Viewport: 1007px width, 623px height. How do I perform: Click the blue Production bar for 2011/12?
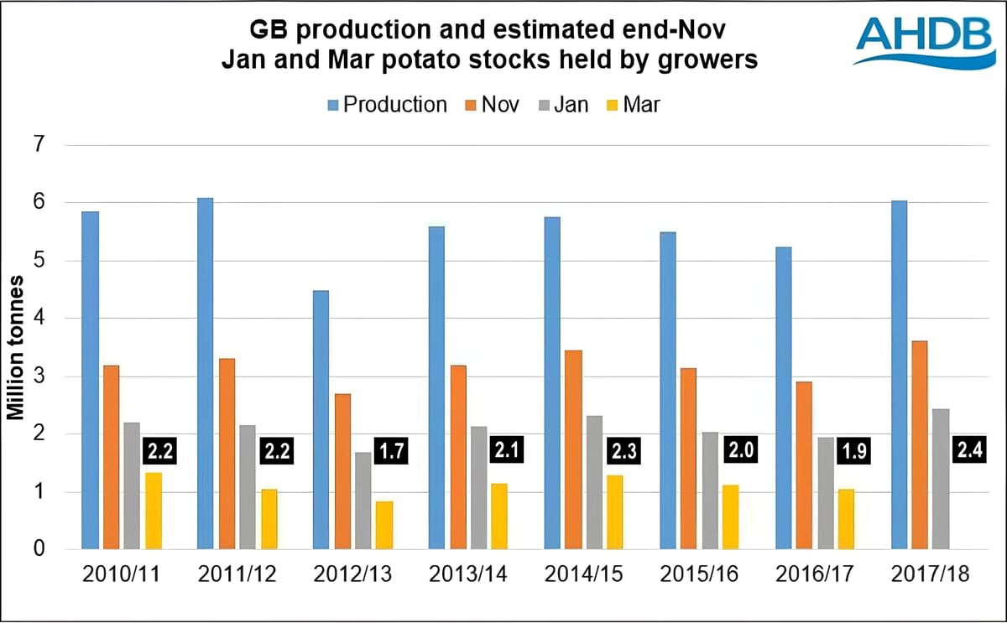coord(206,374)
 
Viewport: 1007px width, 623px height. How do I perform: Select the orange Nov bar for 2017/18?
coord(920,445)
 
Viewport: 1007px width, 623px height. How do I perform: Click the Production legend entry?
coord(386,105)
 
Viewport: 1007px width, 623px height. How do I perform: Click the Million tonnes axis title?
coord(16,347)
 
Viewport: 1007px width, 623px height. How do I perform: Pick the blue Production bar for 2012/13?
coord(321,420)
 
